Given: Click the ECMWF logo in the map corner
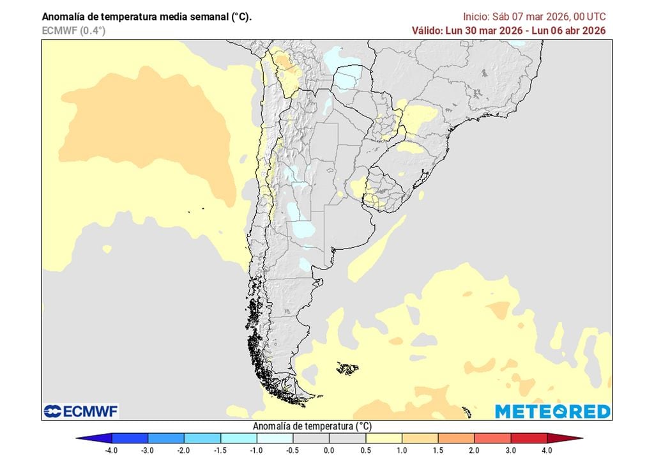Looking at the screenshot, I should pos(81,411).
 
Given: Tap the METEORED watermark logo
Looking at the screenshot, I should pos(552,411).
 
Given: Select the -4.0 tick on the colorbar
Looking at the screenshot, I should pos(112,450).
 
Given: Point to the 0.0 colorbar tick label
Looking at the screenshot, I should pos(329,450).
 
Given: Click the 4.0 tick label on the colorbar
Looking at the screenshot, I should pos(547,450).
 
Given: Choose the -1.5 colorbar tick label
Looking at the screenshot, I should pos(220,450).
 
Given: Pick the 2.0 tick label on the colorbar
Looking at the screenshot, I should pos(474,450).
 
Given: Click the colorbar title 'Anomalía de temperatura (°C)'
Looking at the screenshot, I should pos(312,426).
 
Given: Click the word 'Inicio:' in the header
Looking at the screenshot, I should pos(476,17).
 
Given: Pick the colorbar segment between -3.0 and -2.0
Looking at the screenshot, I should pos(166,439).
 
